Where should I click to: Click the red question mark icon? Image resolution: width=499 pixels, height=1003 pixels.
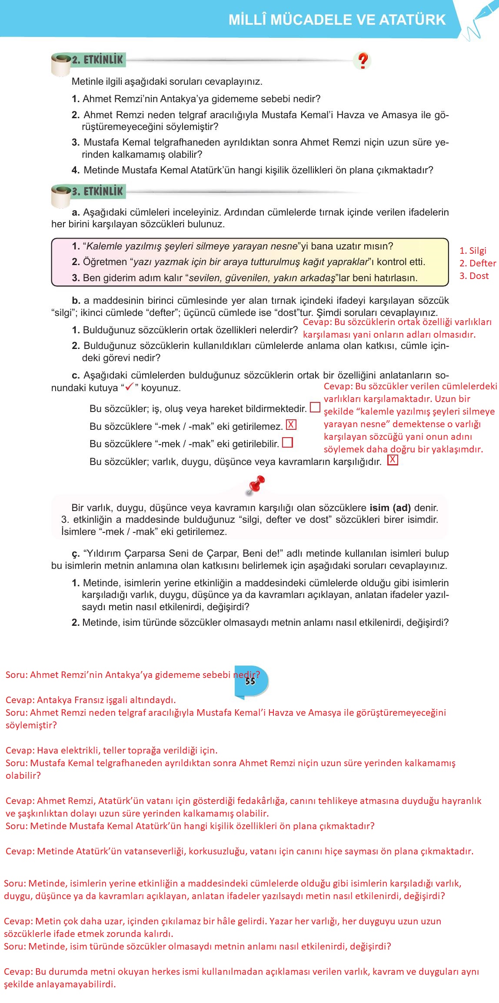(x=363, y=60)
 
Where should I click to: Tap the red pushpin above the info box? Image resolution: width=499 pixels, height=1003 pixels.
(x=256, y=485)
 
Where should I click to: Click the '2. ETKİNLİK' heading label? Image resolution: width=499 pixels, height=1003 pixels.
(x=97, y=60)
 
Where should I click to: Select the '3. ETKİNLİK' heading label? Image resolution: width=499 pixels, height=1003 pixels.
(x=97, y=191)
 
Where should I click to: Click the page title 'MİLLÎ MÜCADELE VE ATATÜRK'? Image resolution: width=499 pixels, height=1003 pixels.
(x=337, y=20)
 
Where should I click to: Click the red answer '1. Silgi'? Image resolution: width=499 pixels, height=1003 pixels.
(x=473, y=250)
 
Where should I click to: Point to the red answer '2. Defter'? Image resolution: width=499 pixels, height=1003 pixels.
(x=477, y=263)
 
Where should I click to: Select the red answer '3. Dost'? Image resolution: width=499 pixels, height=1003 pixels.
(x=474, y=276)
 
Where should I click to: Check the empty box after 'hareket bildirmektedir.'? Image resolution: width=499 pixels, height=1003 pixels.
(x=315, y=407)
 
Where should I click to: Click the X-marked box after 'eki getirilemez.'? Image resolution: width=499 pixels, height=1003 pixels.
(x=291, y=425)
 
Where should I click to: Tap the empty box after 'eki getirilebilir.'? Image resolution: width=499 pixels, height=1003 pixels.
(x=287, y=442)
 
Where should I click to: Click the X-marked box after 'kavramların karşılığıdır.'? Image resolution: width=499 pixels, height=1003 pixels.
(x=393, y=460)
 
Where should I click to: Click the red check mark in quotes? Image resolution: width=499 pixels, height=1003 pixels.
(x=129, y=387)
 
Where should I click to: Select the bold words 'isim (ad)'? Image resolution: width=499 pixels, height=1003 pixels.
(x=390, y=508)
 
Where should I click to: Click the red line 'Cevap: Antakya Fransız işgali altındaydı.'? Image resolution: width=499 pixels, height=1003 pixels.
(x=90, y=700)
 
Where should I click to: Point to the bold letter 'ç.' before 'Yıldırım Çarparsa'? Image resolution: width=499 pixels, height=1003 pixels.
(x=76, y=554)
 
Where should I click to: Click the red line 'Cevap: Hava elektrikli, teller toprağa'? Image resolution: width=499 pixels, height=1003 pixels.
(x=111, y=750)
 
